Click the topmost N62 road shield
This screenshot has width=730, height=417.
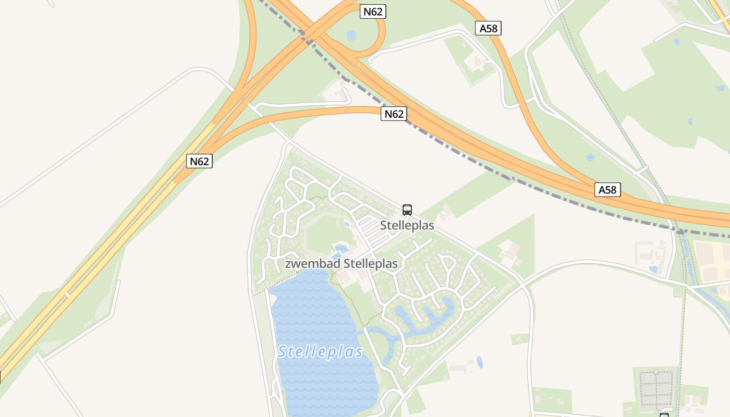(x=373, y=11)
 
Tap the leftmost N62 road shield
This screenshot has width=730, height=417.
(x=199, y=161)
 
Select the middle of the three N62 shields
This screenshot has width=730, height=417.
(x=394, y=114)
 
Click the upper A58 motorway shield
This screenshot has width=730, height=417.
(x=489, y=28)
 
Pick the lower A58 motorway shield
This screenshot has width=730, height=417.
(x=607, y=190)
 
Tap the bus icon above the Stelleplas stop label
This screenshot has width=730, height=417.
(x=407, y=210)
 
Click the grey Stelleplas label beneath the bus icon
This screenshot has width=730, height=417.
(x=407, y=226)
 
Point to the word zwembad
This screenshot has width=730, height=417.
(x=311, y=264)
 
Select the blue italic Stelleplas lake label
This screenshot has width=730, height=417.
(x=320, y=352)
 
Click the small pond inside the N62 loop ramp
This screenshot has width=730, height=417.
(x=351, y=35)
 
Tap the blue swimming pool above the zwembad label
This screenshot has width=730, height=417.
(x=341, y=248)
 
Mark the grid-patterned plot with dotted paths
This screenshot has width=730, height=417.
(x=656, y=388)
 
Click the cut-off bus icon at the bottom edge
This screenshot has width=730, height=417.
(x=664, y=415)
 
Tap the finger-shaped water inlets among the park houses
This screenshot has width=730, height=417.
(x=422, y=315)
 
